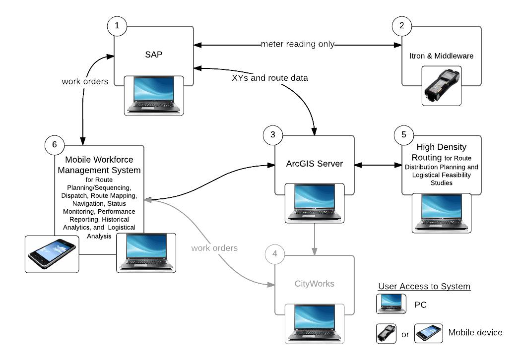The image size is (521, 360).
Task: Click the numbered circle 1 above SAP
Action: click(117, 26)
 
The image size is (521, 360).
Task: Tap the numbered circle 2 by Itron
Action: click(401, 26)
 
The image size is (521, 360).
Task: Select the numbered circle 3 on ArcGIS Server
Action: click(273, 135)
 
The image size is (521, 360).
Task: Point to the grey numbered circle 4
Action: click(275, 255)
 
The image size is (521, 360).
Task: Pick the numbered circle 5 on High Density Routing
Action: click(403, 134)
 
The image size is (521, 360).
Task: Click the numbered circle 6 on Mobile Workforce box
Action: click(54, 144)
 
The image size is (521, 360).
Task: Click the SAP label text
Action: click(153, 55)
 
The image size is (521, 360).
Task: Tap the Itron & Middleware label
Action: click(442, 56)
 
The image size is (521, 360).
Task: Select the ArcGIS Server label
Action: click(314, 164)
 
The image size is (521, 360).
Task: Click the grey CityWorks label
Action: click(314, 284)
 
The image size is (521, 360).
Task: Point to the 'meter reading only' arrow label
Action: click(298, 45)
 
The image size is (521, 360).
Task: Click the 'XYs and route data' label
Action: click(270, 78)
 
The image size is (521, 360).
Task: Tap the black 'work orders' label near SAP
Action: click(85, 81)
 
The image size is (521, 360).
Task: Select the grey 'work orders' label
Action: click(214, 247)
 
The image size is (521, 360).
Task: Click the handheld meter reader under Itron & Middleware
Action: click(441, 86)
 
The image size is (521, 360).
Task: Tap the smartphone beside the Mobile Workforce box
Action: click(52, 253)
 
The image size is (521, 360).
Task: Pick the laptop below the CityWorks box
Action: click(314, 323)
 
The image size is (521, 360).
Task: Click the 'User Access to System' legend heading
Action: click(424, 287)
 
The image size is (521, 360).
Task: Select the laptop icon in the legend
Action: click(391, 304)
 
